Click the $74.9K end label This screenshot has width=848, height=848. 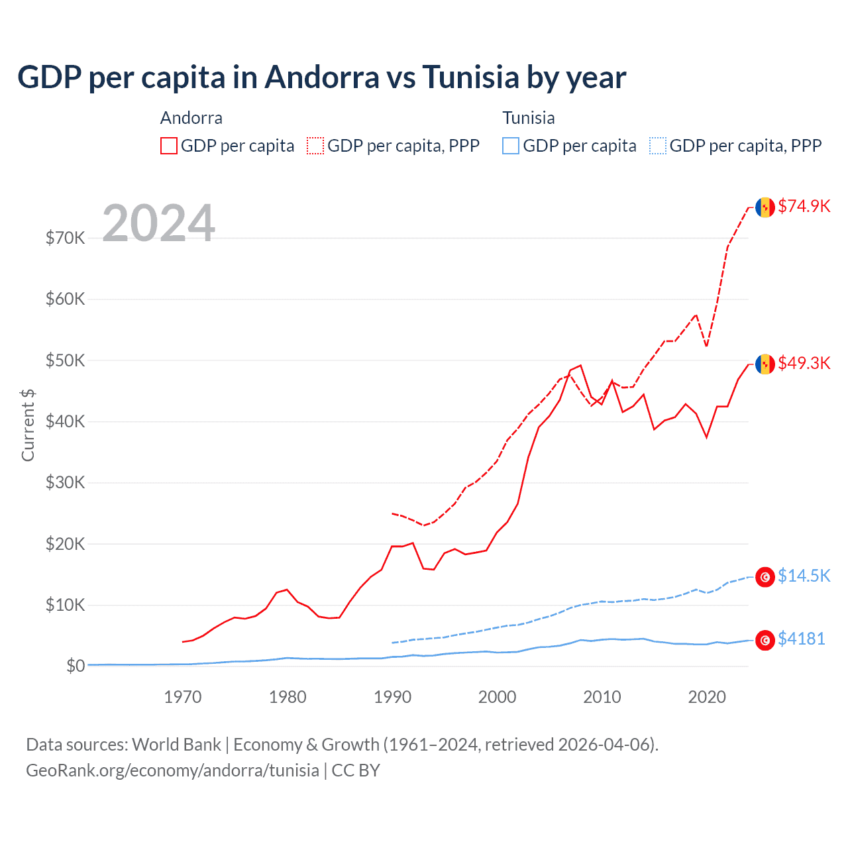804,206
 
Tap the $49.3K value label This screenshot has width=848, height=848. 804,363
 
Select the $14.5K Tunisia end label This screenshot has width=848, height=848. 804,576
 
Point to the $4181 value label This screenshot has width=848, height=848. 801,639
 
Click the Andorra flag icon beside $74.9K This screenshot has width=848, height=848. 765,207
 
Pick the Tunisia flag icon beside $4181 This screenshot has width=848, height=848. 765,640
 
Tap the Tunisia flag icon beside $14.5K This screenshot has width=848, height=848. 765,577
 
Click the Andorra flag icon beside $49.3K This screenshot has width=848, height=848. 765,364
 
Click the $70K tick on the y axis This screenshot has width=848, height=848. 65,238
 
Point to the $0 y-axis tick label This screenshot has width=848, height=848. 76,666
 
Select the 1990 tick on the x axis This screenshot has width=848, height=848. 392,697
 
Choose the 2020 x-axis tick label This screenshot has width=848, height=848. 707,697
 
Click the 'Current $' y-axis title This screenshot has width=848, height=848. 28,425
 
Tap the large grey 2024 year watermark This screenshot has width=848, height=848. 159,223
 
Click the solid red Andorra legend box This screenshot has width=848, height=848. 169,146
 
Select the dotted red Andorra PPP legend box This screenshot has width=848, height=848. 315,146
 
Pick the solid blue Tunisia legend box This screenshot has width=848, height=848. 511,146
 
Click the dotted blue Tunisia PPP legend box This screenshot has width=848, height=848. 658,146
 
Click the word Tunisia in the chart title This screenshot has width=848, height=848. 470,77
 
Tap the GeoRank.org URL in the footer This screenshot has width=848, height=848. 172,770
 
